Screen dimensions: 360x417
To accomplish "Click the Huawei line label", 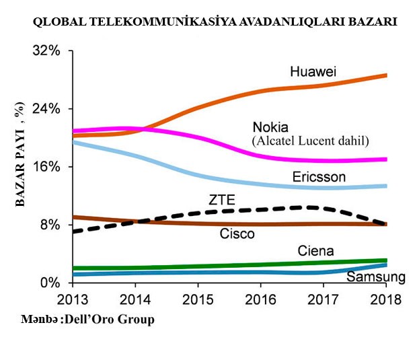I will [x=313, y=71].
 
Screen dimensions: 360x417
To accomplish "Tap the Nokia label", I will [x=270, y=128].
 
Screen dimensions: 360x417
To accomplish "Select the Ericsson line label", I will [x=319, y=177].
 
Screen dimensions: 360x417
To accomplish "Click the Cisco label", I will [x=237, y=234].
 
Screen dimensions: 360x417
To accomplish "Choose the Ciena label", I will [x=316, y=252].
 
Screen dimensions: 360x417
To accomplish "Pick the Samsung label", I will [x=376, y=277].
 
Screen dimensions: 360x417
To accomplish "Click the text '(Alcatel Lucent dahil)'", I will [x=310, y=141].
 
